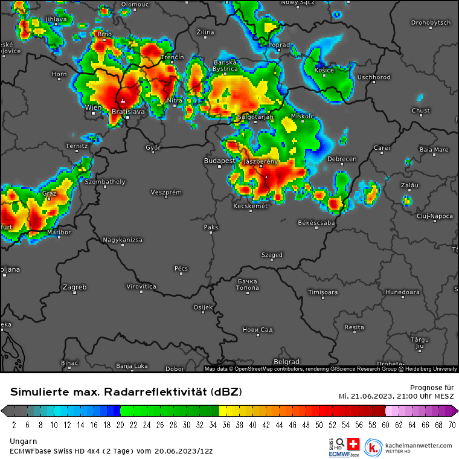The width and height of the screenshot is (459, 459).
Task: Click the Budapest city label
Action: (x=219, y=161)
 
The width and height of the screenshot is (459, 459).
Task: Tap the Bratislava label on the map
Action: (x=128, y=112)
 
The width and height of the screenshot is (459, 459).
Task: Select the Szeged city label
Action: (x=272, y=255)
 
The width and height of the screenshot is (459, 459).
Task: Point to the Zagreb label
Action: (x=75, y=287)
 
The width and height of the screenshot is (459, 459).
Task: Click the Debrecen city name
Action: (x=342, y=159)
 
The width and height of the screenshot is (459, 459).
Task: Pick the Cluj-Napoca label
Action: (x=435, y=216)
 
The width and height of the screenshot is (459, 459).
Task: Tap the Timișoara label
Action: (x=322, y=292)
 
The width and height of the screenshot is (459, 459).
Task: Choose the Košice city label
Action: (x=324, y=70)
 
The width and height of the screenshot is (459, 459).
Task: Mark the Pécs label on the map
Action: (x=181, y=268)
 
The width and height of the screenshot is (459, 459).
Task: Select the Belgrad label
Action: (x=286, y=362)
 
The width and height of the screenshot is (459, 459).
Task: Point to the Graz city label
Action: (x=49, y=194)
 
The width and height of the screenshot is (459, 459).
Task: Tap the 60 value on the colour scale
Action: (x=385, y=425)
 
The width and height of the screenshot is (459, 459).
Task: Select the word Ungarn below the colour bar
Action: (x=22, y=441)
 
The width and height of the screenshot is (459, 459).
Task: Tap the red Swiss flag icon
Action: (x=353, y=443)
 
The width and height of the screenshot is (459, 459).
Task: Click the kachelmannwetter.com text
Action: (x=418, y=445)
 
